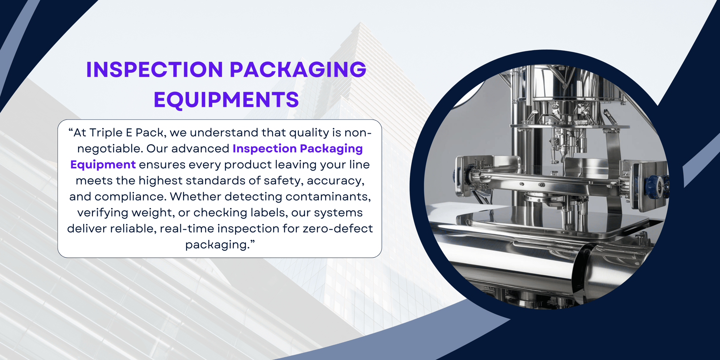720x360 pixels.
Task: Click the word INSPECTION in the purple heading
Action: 154,70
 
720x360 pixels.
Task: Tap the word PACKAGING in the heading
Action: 298,70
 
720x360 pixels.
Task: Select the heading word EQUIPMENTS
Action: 226,100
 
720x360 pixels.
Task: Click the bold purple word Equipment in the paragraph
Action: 103,165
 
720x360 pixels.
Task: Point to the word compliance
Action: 130,197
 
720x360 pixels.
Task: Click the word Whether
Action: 195,197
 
